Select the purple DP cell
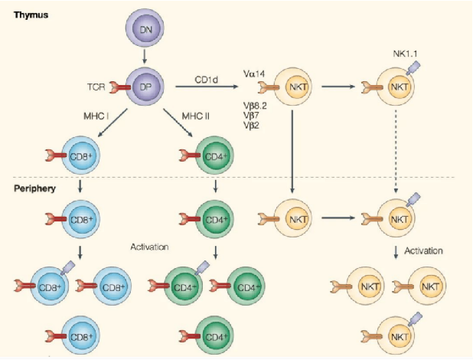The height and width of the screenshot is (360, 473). click(x=147, y=88)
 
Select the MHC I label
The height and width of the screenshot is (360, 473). click(x=98, y=116)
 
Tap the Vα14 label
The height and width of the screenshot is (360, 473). click(x=255, y=73)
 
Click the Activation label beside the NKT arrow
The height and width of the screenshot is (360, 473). click(x=423, y=250)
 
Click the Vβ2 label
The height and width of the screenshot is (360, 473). click(x=252, y=126)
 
